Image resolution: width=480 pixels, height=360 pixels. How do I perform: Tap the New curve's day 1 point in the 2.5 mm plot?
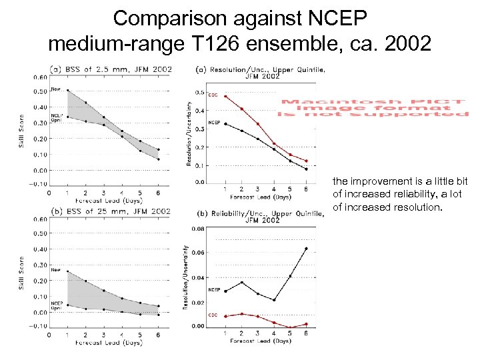tap(67, 90)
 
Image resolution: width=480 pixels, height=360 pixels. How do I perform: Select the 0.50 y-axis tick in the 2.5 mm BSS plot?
tap(40, 91)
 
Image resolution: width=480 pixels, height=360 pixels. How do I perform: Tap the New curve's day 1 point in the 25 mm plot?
tap(67, 271)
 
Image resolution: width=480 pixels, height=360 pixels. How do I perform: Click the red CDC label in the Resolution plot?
tap(214, 95)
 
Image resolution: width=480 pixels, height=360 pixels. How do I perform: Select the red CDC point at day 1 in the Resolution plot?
tap(225, 96)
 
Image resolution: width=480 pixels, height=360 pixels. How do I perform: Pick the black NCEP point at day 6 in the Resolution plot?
tap(306, 169)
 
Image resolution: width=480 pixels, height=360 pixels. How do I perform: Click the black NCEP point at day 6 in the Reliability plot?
tap(306, 249)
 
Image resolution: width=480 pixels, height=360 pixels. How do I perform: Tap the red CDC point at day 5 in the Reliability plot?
tap(290, 327)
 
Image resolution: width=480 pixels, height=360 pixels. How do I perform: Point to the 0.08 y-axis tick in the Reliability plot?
tap(199, 229)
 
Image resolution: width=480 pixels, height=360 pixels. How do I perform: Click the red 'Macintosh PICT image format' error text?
tap(374, 108)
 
